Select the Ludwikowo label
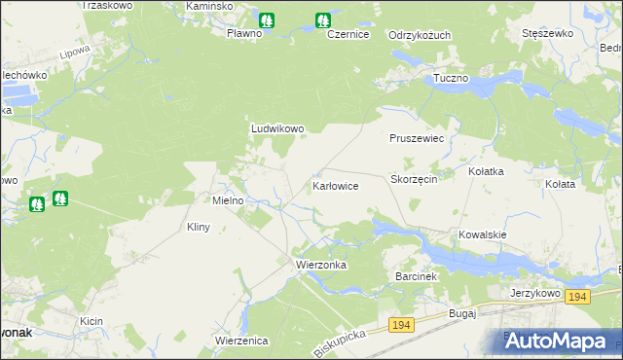(278, 127)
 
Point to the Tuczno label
(451, 77)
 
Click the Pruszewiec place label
(417, 139)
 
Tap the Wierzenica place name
(241, 341)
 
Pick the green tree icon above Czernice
(322, 19)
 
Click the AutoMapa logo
(557, 341)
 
